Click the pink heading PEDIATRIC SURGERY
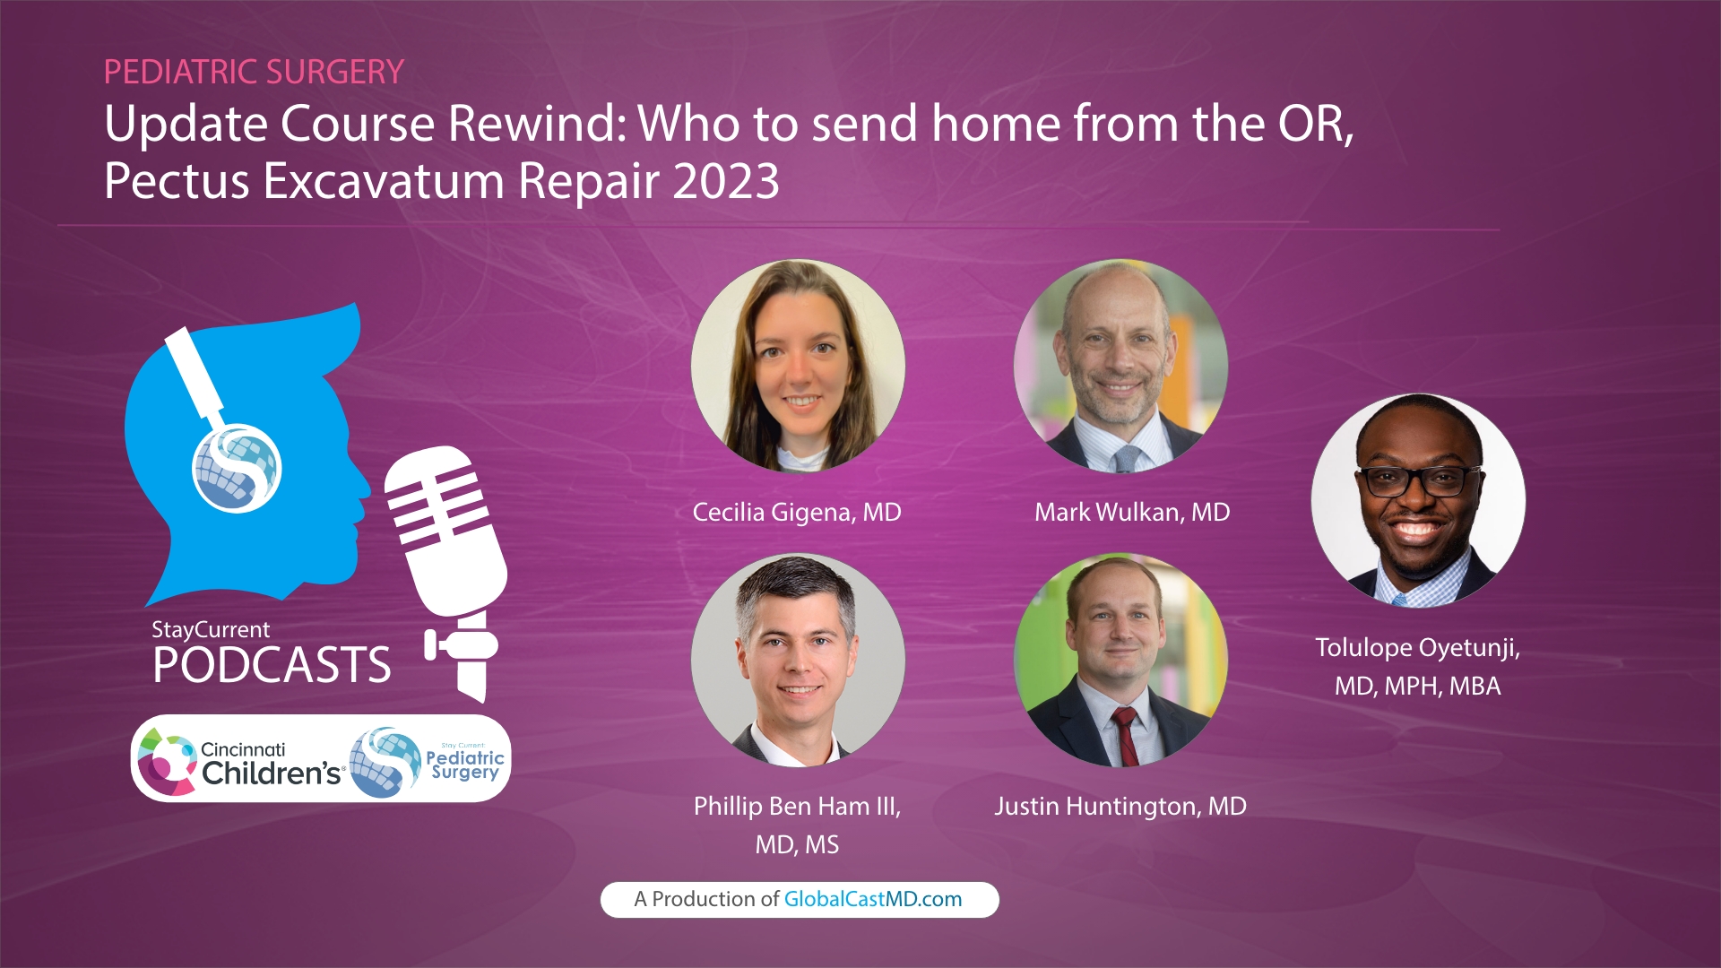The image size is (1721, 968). pos(254,72)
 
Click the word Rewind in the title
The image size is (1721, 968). pos(535,124)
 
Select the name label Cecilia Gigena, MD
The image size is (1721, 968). pos(796,513)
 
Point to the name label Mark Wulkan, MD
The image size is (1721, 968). pos(1131,513)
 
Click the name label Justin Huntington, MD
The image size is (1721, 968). pos(1120,807)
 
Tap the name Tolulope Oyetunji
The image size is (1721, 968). pos(1416,648)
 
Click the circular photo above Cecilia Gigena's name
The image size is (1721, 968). pos(798,366)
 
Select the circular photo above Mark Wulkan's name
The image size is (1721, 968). pos(1120,366)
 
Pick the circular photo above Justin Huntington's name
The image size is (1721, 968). pos(1120,660)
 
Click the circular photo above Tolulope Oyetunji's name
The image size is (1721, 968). pos(1418,500)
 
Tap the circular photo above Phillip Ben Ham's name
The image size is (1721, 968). pos(798,660)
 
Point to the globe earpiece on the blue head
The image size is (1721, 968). pos(238,469)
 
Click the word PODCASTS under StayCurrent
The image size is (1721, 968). pos(272,666)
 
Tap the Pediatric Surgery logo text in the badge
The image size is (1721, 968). pos(464,764)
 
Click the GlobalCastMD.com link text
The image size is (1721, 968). pos(872,900)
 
